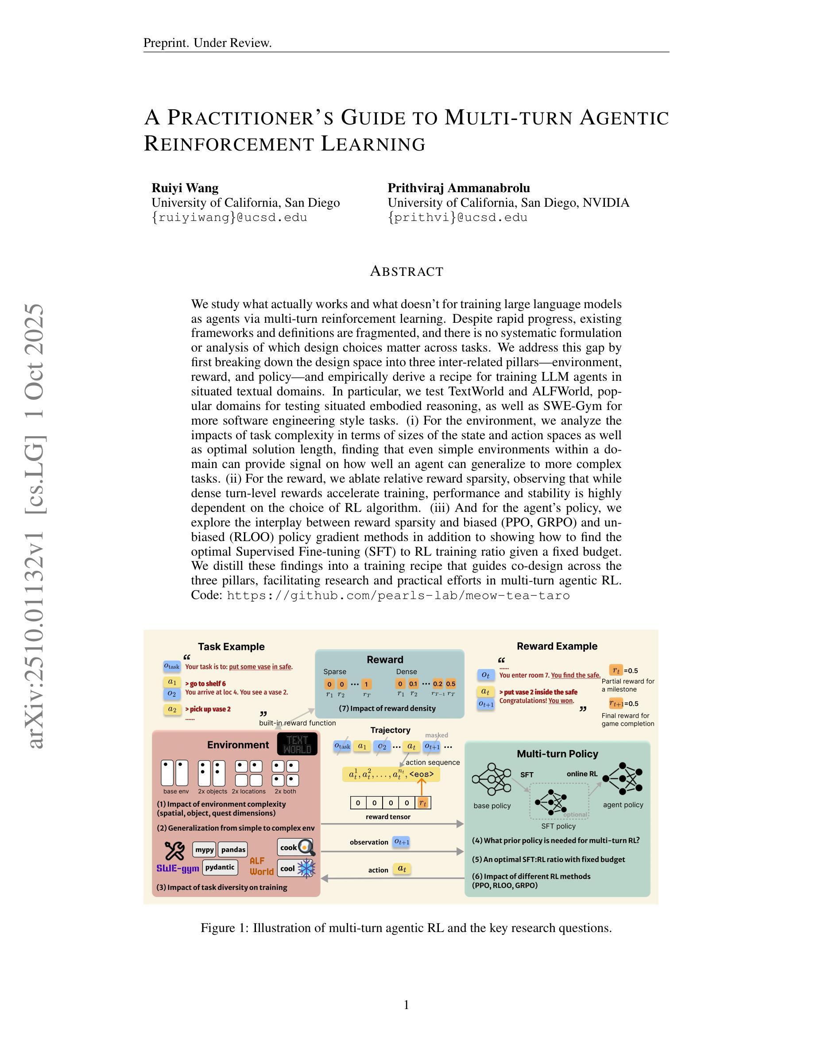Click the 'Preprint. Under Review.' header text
[208, 43]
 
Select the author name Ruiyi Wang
[185, 188]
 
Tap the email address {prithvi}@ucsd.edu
[457, 217]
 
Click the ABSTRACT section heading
[406, 272]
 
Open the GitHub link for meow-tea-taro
[399, 596]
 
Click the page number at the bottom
[406, 1005]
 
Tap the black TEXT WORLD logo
[297, 744]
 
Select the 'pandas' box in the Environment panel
[234, 849]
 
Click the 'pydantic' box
[220, 867]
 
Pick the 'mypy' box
[204, 849]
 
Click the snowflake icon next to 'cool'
[306, 869]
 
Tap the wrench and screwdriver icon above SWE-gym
[174, 851]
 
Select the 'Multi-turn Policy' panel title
[557, 754]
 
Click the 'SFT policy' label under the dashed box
[558, 826]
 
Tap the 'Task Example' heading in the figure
[231, 647]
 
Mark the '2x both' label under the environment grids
[285, 791]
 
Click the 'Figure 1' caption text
[406, 928]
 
